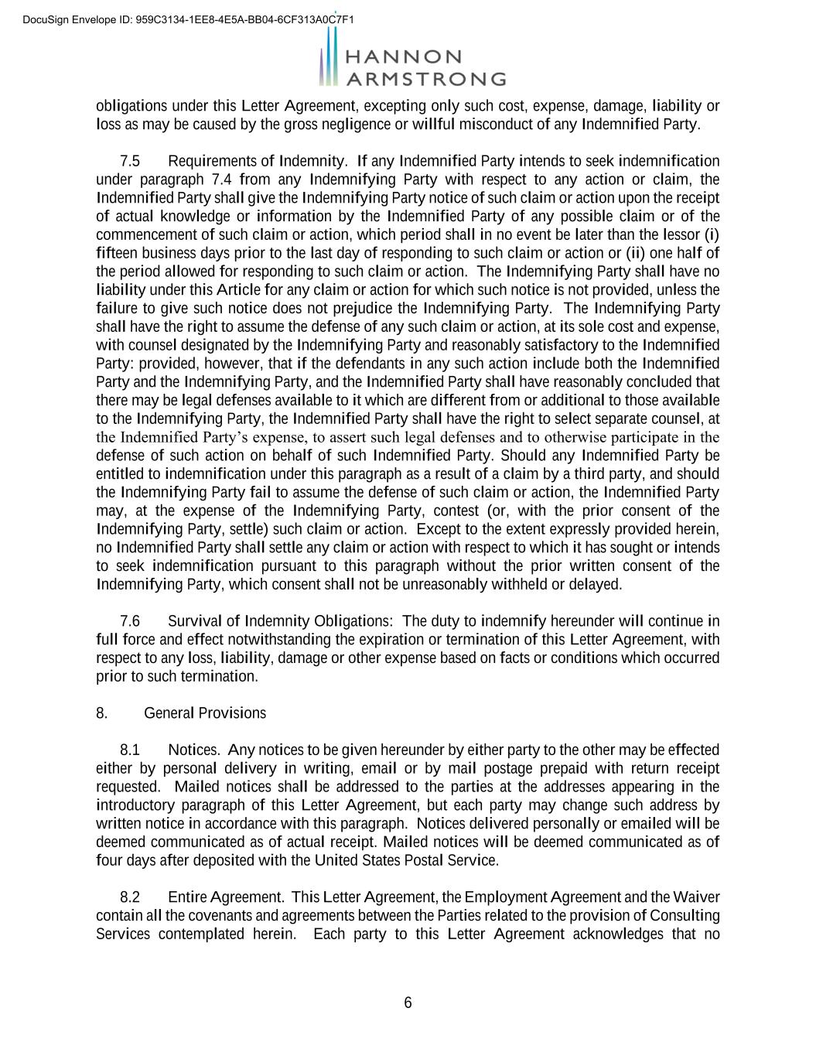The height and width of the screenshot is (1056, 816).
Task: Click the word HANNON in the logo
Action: (x=403, y=57)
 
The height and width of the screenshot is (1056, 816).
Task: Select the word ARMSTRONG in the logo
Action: (x=425, y=79)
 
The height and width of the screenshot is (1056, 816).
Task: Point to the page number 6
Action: (x=408, y=1003)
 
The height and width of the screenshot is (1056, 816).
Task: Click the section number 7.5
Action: (x=130, y=161)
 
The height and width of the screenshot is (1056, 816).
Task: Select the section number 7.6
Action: (x=130, y=621)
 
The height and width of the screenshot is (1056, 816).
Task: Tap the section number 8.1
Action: (x=130, y=750)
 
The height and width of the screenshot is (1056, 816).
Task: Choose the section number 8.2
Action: (x=130, y=897)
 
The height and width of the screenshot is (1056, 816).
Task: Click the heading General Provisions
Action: (x=205, y=713)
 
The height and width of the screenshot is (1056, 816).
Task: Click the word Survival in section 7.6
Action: (x=195, y=621)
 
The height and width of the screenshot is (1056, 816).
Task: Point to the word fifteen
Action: (x=114, y=253)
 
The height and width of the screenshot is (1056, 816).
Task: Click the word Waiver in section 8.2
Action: (x=696, y=897)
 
